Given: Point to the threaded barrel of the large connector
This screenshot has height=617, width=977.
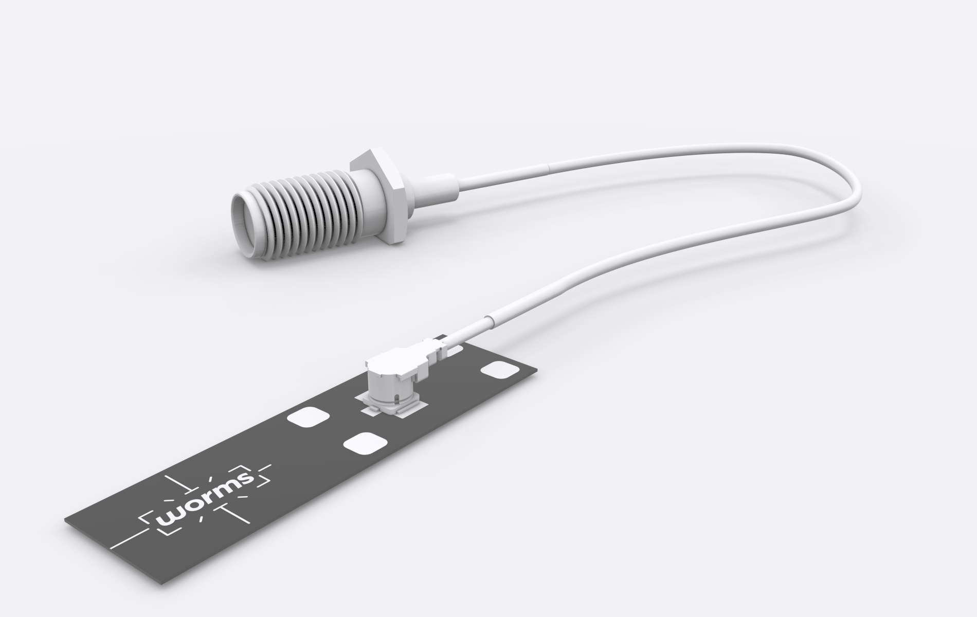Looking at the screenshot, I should click(x=309, y=211).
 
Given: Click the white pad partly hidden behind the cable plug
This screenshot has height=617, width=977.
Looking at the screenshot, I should click(x=456, y=351).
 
